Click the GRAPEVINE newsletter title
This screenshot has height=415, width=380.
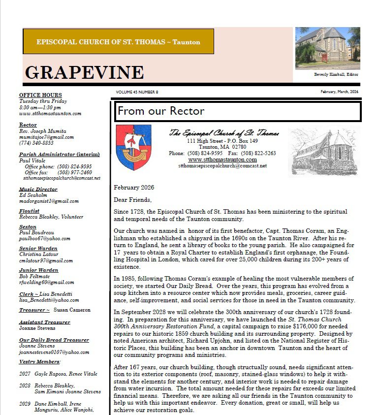pyautogui.click(x=84, y=73)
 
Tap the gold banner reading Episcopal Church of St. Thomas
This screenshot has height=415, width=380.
pyautogui.click(x=118, y=42)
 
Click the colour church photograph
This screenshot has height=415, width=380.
pyautogui.click(x=327, y=48)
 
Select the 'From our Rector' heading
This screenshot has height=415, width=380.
pyautogui.click(x=161, y=111)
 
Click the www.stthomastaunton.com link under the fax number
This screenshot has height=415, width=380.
pyautogui.click(x=222, y=160)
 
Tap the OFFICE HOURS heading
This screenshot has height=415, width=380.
pyautogui.click(x=40, y=95)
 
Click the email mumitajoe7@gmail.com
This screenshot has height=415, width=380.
pyautogui.click(x=46, y=137)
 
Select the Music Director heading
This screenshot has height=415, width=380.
pyautogui.click(x=38, y=189)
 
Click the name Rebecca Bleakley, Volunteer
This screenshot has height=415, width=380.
pyautogui.click(x=51, y=217)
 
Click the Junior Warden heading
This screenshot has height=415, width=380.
pyautogui.click(x=39, y=270)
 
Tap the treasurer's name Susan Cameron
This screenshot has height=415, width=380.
pyautogui.click(x=72, y=310)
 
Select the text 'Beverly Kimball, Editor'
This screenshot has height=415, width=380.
pyautogui.click(x=336, y=75)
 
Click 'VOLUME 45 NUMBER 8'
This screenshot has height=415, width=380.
pyautogui.click(x=137, y=92)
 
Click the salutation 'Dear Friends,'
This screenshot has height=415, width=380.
pyautogui.click(x=132, y=200)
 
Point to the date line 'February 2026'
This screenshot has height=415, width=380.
pyautogui.click(x=134, y=188)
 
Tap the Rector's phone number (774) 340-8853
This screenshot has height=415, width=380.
pyautogui.click(x=36, y=143)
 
